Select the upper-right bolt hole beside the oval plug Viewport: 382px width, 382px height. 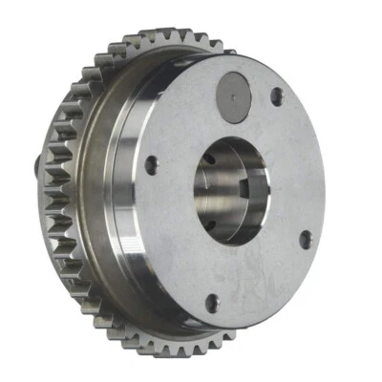276,95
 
